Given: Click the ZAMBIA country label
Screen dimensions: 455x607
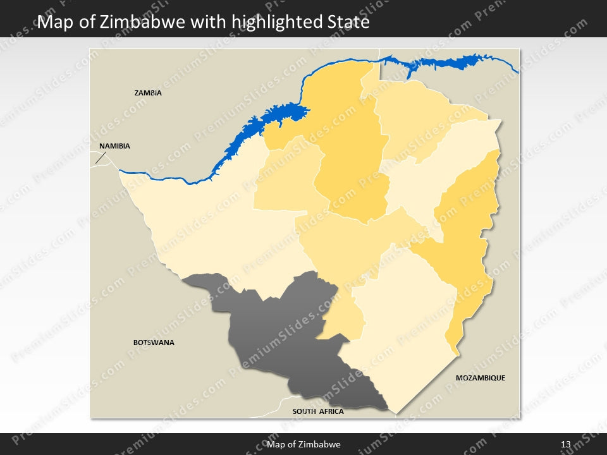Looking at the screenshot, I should [x=148, y=93].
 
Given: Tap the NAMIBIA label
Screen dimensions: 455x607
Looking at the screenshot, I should [x=114, y=146].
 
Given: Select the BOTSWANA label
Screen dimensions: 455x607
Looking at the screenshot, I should [x=154, y=343].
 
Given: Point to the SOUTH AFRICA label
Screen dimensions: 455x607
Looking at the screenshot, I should [x=318, y=411].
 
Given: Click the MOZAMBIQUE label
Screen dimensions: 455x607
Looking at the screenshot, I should [x=481, y=378].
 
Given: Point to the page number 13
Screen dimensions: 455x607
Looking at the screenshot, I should [x=566, y=444].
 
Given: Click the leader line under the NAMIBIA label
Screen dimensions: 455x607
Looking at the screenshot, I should [x=100, y=157].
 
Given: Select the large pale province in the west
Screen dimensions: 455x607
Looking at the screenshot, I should [x=202, y=227].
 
